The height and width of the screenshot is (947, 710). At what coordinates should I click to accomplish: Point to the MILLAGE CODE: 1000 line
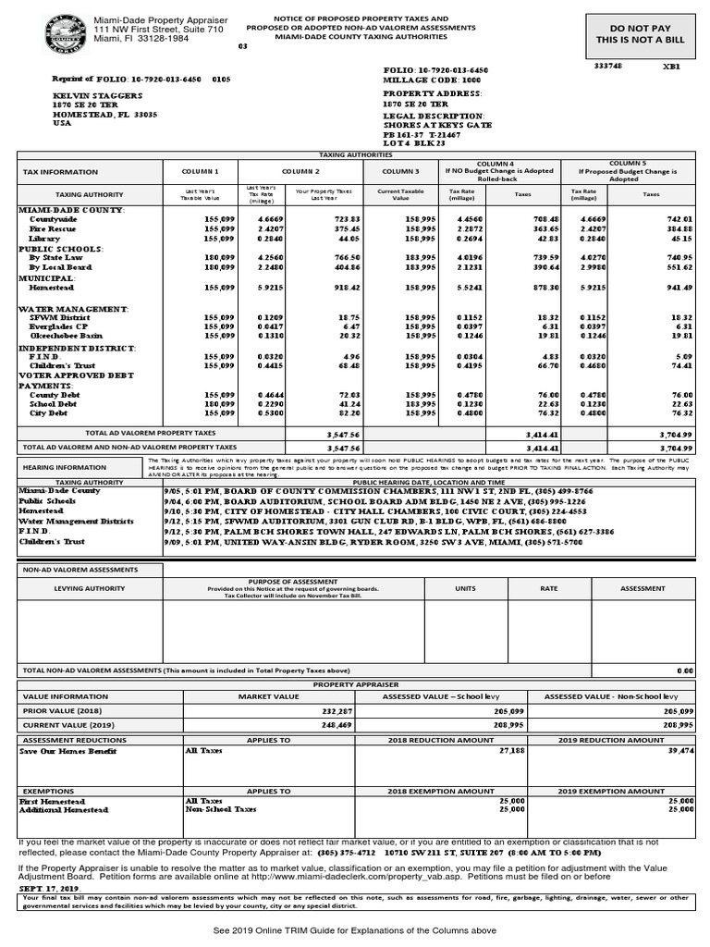[425, 80]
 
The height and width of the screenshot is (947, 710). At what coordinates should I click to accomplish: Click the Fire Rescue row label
[51, 228]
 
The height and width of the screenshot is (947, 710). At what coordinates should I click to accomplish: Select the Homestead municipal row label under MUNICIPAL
[52, 288]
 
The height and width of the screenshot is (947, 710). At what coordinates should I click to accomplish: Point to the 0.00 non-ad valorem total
[684, 670]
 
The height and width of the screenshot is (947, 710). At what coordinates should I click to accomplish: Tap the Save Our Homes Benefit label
[68, 752]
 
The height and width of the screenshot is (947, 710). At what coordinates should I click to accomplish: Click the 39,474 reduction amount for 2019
[679, 752]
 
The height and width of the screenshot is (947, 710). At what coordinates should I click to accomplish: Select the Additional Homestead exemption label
[64, 809]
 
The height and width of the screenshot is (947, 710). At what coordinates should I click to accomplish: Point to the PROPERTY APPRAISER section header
[355, 683]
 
